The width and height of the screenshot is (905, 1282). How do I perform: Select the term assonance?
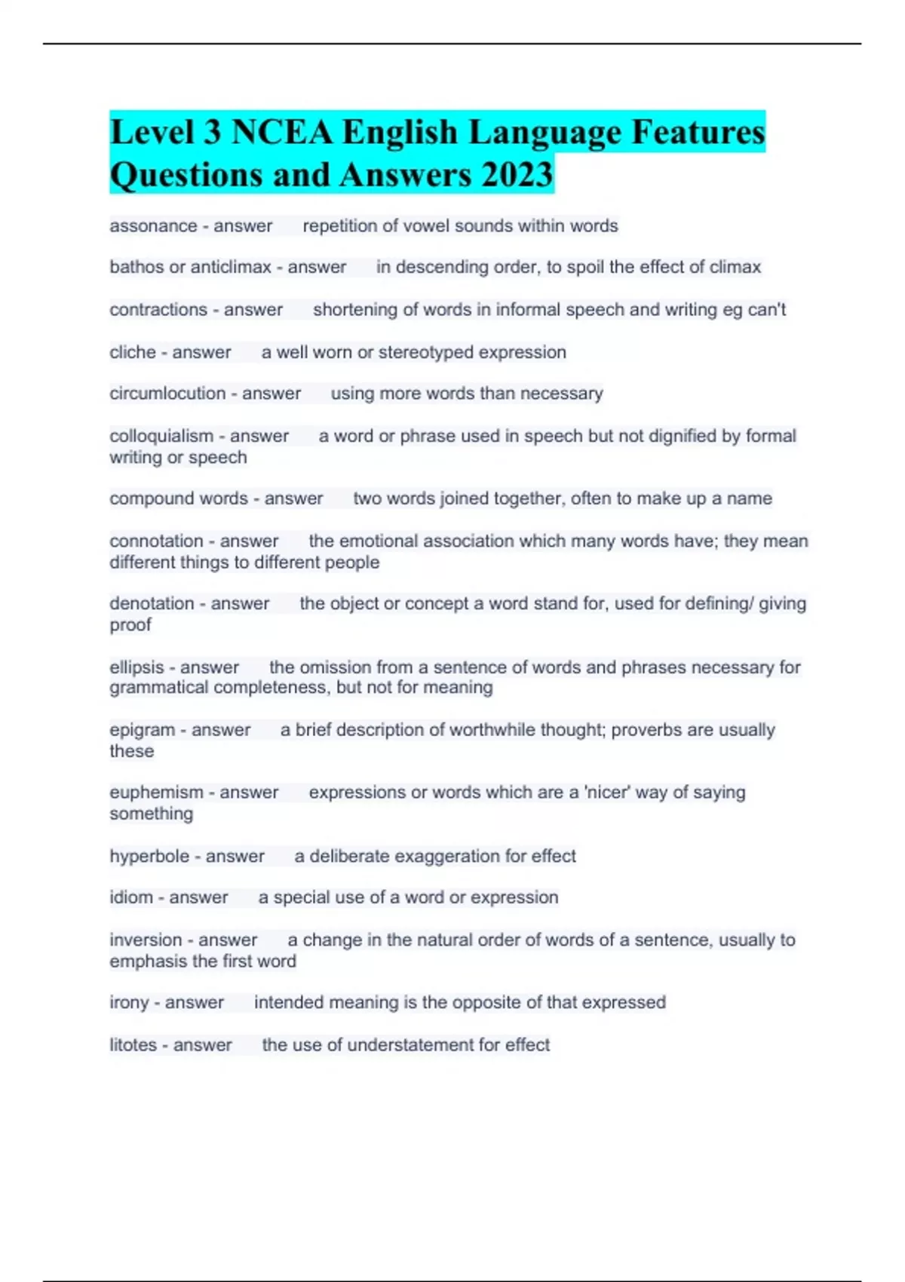coord(153,226)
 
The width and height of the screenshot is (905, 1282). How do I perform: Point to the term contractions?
coord(158,310)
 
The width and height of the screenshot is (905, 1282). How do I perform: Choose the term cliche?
coord(133,352)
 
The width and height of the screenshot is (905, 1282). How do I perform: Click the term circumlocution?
coord(167,394)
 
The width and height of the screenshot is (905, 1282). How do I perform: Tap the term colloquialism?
coord(161,436)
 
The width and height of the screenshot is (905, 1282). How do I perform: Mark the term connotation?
coord(156,541)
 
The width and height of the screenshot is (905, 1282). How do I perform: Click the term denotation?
coord(152,603)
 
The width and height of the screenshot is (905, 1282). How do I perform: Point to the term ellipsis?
coord(137,667)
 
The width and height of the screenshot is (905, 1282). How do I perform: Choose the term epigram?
coord(142,730)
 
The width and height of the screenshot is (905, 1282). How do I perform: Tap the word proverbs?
coord(646,730)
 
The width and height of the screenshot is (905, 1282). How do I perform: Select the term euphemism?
coord(156,793)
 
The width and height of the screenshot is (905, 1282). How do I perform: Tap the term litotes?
coord(133,1045)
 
